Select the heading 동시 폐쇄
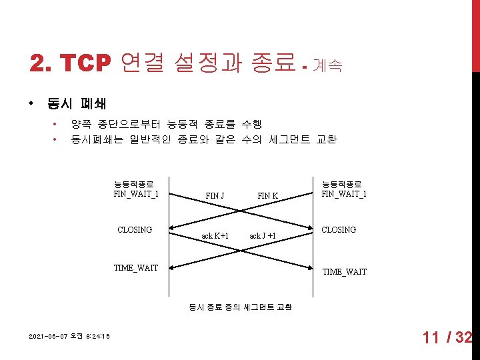click(77, 104)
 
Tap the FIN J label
click(215, 195)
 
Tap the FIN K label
click(267, 195)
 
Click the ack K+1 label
click(215, 236)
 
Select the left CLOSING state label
click(135, 230)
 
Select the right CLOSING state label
click(339, 230)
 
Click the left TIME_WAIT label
click(136, 268)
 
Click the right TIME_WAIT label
click(344, 272)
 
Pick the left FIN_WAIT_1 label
click(136, 194)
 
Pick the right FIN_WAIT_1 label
click(344, 194)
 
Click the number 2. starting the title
click(41, 63)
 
